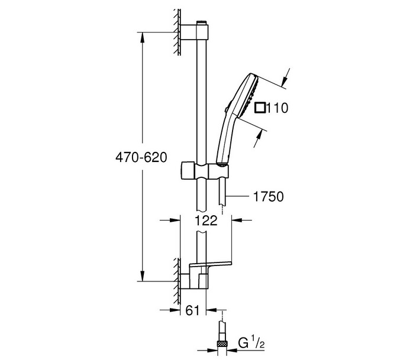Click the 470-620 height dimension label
[141, 157]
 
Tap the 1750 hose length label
[269, 196]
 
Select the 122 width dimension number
[206, 220]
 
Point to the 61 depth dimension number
[192, 310]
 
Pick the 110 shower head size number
[278, 108]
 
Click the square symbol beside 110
[260, 108]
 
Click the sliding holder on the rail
[204, 170]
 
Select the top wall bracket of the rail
[195, 32]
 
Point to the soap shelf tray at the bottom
[210, 264]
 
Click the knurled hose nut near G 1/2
[222, 343]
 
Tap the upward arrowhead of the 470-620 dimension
[142, 37]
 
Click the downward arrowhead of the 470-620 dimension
[142, 276]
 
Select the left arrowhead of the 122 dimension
[175, 220]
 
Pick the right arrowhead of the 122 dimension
[237, 220]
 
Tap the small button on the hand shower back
[225, 111]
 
